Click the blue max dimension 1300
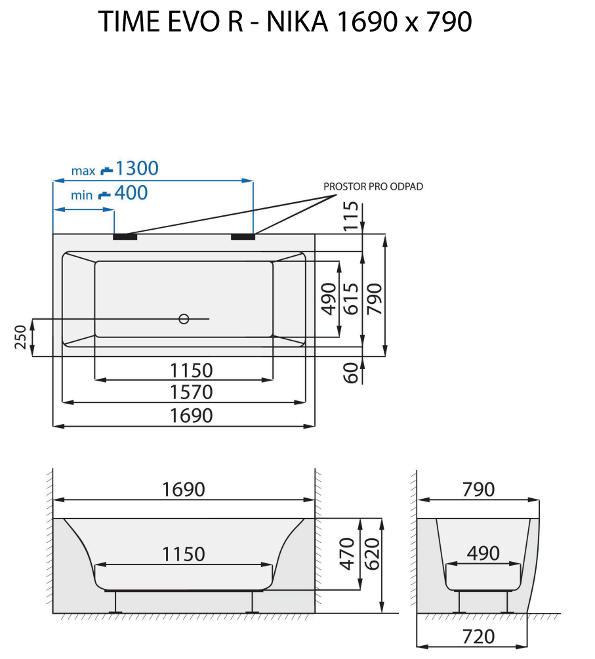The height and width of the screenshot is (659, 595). [x=136, y=169]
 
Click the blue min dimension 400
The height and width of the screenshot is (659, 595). [x=131, y=193]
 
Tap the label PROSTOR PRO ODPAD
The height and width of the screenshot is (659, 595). [x=373, y=186]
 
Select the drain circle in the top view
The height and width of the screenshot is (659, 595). [x=184, y=319]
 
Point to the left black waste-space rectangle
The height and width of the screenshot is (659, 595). [x=125, y=236]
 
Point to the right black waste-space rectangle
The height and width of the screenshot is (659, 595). [x=243, y=236]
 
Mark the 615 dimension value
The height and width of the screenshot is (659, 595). [x=351, y=298]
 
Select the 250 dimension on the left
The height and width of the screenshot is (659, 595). [x=21, y=337]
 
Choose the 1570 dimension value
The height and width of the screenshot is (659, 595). [x=184, y=393]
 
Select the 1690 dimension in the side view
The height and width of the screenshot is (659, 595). [x=184, y=490]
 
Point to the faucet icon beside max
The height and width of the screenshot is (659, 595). [x=106, y=171]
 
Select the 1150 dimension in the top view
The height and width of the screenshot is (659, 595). [x=184, y=370]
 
